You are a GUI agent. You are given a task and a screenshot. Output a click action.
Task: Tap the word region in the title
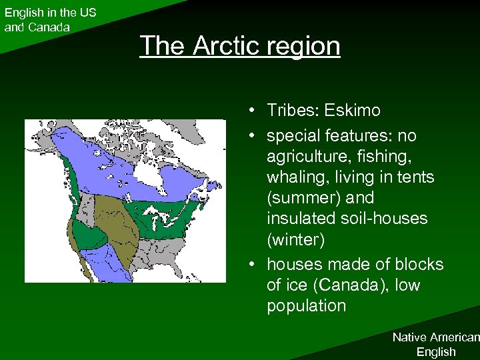[303, 46]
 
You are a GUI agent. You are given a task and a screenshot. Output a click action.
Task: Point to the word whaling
[297, 178]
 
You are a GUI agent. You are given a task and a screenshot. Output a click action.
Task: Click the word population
[306, 306]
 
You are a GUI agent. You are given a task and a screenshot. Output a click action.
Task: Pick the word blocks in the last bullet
[421, 264]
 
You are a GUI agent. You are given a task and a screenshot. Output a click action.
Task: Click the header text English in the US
[50, 13]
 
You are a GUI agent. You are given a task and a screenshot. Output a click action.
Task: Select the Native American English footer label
[435, 345]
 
